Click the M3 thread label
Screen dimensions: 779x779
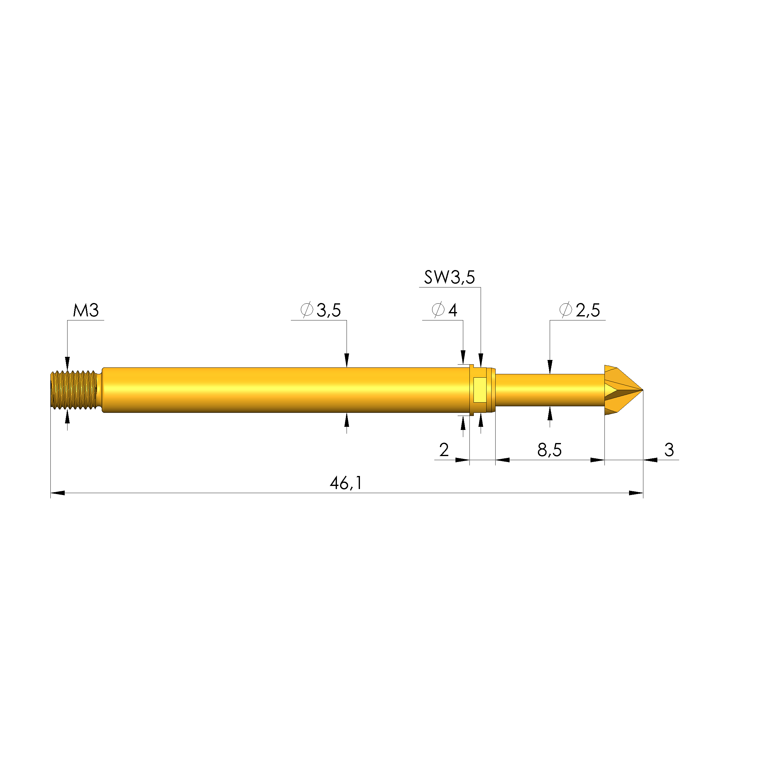tap(86, 310)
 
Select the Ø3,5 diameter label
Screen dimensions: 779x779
tap(321, 310)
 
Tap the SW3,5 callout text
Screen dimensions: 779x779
tap(450, 278)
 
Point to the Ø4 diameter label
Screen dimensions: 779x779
tap(444, 310)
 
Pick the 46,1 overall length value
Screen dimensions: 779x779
tap(346, 483)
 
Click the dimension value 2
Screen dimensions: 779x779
tap(444, 450)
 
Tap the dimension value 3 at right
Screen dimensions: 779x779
tap(669, 450)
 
